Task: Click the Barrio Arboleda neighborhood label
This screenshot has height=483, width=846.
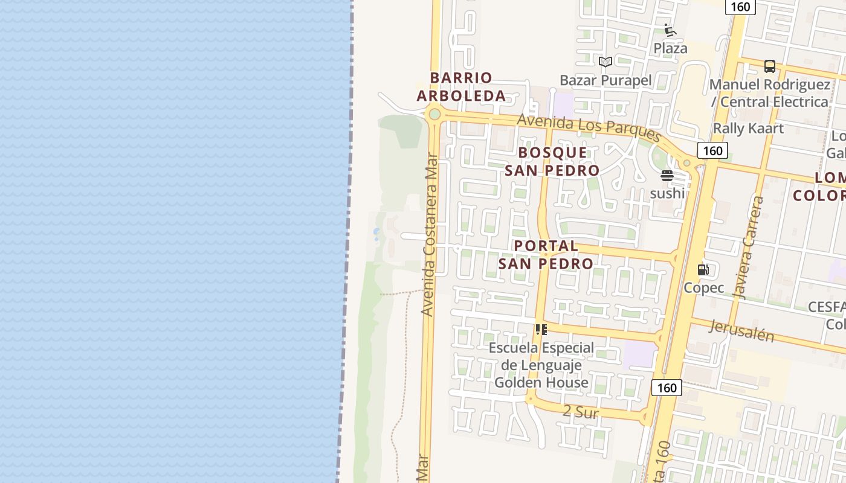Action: [x=461, y=87]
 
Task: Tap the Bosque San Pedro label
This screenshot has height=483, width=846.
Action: [x=552, y=161]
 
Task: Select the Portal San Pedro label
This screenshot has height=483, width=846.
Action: [x=546, y=255]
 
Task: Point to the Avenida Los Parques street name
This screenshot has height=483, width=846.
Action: [x=589, y=126]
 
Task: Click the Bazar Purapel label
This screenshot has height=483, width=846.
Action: [x=605, y=80]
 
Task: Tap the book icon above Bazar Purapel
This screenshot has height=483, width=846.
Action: [x=605, y=62]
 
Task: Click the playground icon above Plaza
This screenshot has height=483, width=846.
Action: [x=670, y=30]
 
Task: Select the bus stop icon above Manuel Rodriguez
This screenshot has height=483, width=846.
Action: [x=769, y=66]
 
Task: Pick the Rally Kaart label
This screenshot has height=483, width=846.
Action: [x=748, y=128]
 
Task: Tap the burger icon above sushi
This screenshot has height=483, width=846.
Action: [x=667, y=176]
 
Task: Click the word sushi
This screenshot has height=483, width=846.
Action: [x=667, y=193]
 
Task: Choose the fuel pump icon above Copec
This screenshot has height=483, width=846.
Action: [x=703, y=270]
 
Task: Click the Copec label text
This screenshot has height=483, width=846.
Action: [x=703, y=287]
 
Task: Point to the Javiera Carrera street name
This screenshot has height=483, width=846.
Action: [x=748, y=248]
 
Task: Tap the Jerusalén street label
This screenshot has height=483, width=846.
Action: [x=741, y=331]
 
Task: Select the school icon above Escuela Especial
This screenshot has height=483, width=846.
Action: [x=541, y=330]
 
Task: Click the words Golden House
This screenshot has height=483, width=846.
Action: [x=541, y=382]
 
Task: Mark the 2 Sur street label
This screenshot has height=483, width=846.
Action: [x=580, y=412]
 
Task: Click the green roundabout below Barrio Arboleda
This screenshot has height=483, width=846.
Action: [x=434, y=114]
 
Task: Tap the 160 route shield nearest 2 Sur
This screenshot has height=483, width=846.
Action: [x=667, y=388]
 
